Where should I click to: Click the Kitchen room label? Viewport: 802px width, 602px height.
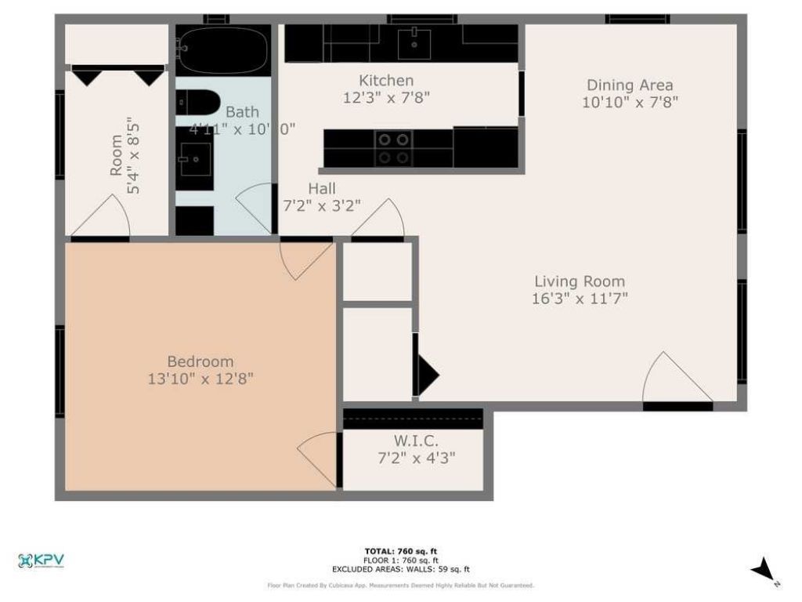pyautogui.click(x=386, y=81)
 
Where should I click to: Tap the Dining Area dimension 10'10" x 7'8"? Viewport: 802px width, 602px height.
pyautogui.click(x=630, y=102)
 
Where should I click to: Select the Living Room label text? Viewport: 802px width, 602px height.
pyautogui.click(x=580, y=281)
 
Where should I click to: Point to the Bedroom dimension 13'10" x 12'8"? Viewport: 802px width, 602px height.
pyautogui.click(x=200, y=379)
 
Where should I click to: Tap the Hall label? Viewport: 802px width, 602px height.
pyautogui.click(x=322, y=189)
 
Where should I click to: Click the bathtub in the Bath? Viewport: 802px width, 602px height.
pyautogui.click(x=222, y=49)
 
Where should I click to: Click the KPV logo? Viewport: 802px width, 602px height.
pyautogui.click(x=41, y=560)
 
